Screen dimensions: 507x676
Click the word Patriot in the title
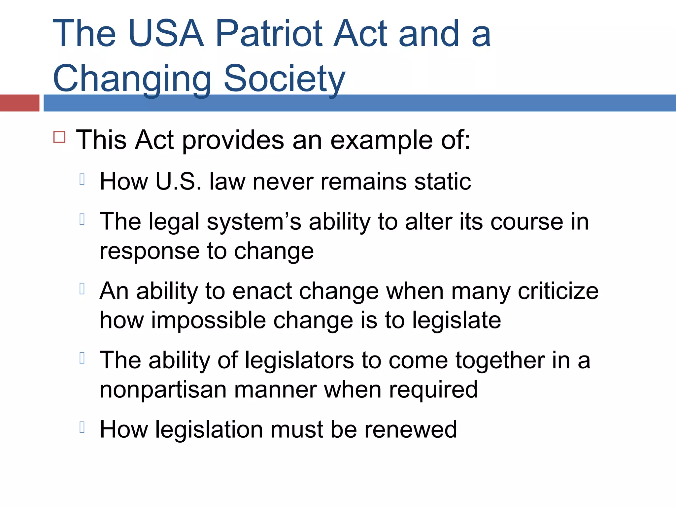click(269, 34)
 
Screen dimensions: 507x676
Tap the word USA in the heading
click(166, 34)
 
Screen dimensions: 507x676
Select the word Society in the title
click(284, 79)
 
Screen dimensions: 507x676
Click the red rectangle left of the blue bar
click(19, 103)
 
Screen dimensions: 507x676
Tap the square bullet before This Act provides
click(59, 137)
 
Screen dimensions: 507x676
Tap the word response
click(150, 252)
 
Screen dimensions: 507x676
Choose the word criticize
click(558, 291)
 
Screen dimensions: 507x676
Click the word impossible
click(208, 321)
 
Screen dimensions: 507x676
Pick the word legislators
click(299, 360)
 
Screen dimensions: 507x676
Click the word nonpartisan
click(163, 390)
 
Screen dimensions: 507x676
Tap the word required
click(433, 390)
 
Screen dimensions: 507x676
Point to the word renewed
click(410, 430)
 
